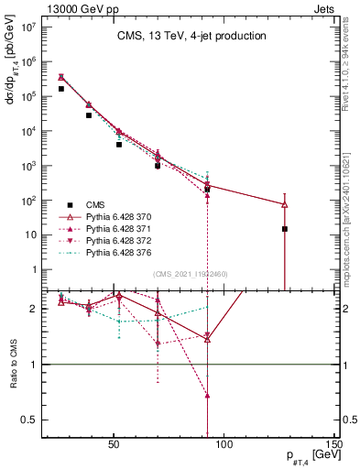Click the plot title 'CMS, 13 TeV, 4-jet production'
click(x=191, y=37)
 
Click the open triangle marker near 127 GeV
click(x=285, y=204)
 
